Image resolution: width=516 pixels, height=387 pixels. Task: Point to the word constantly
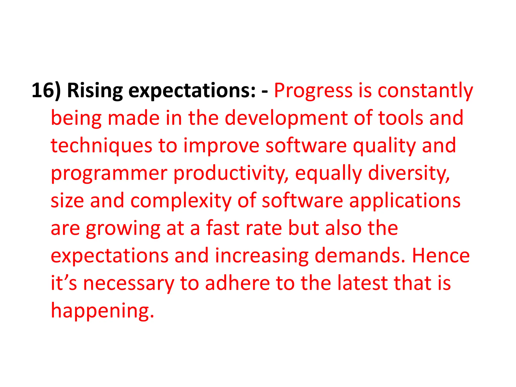pyautogui.click(x=425, y=91)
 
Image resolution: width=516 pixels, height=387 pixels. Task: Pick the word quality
pyautogui.click(x=384, y=146)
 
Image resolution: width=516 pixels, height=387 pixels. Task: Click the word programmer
pyautogui.click(x=109, y=173)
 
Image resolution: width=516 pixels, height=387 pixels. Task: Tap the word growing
pyautogui.click(x=123, y=228)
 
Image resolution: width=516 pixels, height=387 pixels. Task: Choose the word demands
pyautogui.click(x=360, y=256)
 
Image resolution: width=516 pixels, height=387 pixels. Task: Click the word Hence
pyautogui.click(x=441, y=256)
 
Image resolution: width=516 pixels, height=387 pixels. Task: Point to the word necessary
pyautogui.click(x=128, y=283)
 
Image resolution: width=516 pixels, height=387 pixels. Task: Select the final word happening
pyautogui.click(x=102, y=311)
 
